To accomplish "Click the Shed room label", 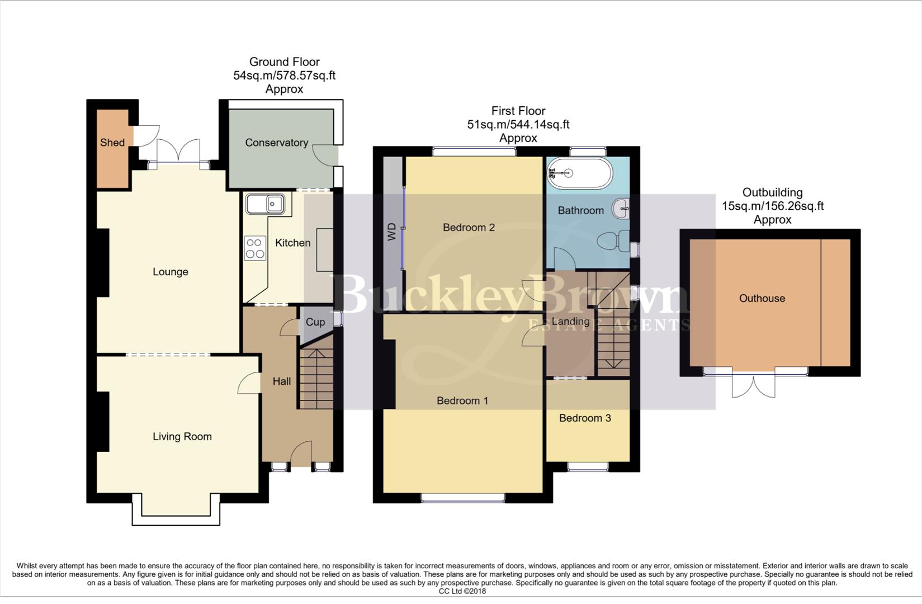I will (x=112, y=143).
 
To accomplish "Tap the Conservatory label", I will (x=276, y=143).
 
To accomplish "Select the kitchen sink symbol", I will (x=266, y=204).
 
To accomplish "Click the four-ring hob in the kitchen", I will (x=254, y=248).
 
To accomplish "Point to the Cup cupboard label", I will (x=315, y=322).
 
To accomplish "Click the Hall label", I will (x=281, y=381).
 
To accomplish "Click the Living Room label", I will (x=182, y=437).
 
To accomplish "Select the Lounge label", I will (x=170, y=272).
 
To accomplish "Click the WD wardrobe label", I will (x=392, y=232).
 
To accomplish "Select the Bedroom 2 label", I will (x=469, y=228).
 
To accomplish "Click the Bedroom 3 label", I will (x=584, y=418).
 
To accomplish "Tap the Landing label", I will (x=570, y=322).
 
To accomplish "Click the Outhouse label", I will (x=762, y=299).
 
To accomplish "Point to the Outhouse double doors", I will (x=753, y=386).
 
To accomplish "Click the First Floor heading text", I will (x=518, y=111).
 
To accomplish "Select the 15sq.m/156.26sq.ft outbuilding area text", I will (x=772, y=206).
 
